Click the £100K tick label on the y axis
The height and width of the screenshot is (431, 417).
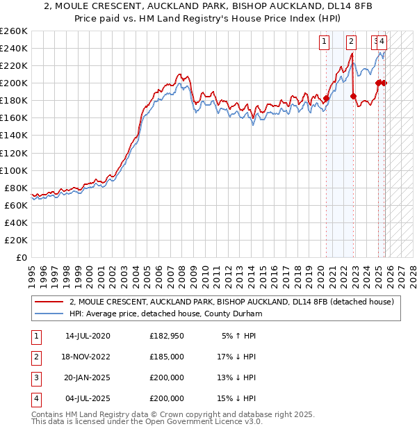click(x=14, y=170)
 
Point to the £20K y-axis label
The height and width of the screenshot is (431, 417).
click(x=16, y=240)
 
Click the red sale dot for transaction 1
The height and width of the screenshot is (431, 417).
click(x=326, y=98)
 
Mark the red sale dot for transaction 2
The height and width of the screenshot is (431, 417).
click(x=353, y=96)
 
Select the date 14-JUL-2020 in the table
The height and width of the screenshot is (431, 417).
click(x=88, y=336)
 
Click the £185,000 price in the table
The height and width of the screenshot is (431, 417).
click(x=167, y=357)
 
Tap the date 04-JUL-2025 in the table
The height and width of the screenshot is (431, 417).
click(x=88, y=398)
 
